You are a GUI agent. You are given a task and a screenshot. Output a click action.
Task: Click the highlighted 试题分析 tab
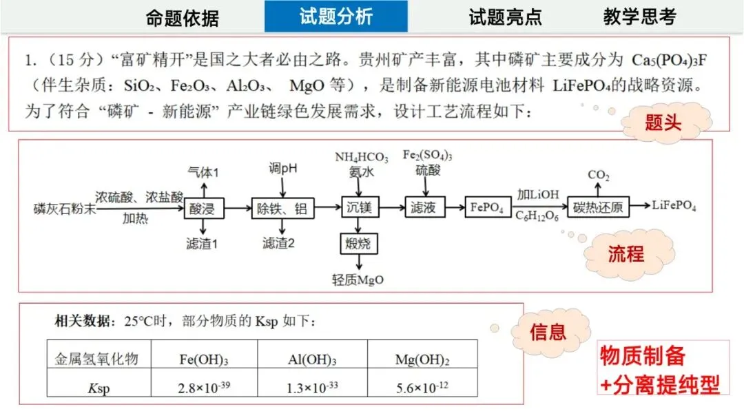[x=335, y=17]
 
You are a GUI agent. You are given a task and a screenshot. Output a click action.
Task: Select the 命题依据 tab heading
[x=182, y=19]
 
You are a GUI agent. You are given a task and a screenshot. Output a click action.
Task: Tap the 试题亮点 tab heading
[x=505, y=17]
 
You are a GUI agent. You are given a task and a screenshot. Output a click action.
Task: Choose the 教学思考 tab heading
[x=639, y=17]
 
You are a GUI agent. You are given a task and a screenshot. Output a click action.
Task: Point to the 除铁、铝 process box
[x=282, y=207]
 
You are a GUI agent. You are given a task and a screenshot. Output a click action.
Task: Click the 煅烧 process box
[x=358, y=243]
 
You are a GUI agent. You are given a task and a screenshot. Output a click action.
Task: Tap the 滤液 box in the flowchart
[x=422, y=207]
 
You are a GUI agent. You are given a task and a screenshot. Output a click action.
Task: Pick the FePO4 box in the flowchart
[x=488, y=207]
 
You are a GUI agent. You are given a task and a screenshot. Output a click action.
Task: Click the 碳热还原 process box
[x=598, y=207]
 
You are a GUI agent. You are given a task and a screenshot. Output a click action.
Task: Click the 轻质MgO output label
[x=358, y=280]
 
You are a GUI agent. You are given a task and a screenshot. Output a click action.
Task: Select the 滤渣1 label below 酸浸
[x=202, y=243]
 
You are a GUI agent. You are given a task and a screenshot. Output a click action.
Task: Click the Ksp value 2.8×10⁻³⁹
[x=204, y=387]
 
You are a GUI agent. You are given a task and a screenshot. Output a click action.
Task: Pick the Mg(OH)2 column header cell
[x=422, y=359]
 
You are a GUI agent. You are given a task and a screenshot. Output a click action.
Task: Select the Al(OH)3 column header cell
[x=311, y=359]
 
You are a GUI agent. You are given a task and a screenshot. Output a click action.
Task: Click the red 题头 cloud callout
[x=663, y=124]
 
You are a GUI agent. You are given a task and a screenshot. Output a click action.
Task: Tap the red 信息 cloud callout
[x=548, y=333]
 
